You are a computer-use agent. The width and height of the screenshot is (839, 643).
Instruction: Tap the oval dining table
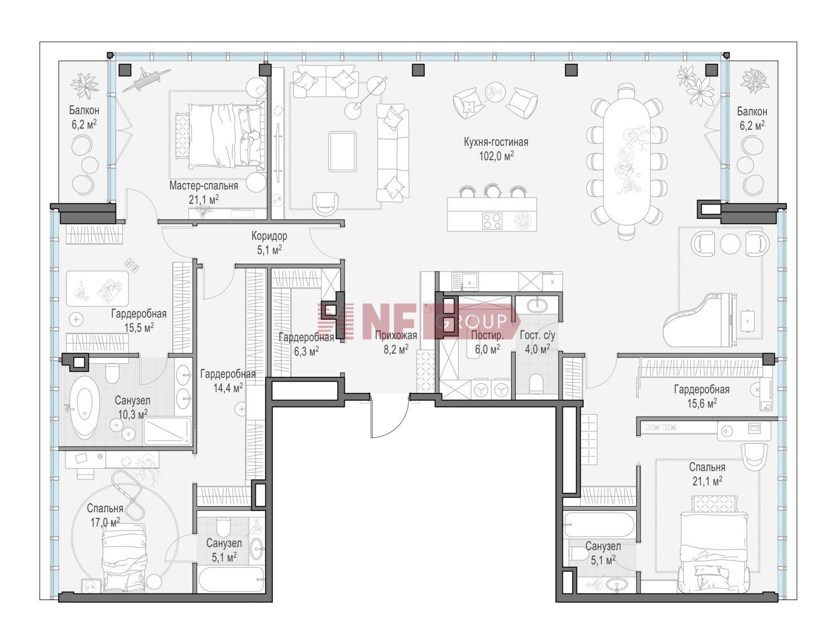click(626, 159)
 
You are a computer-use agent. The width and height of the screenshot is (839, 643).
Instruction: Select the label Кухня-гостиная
click(496, 142)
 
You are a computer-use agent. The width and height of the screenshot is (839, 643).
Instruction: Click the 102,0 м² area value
click(496, 156)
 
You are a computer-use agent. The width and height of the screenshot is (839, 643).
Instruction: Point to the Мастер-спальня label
click(204, 186)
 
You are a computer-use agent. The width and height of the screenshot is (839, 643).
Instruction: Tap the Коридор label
click(269, 236)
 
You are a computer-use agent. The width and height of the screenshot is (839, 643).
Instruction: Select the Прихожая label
click(396, 335)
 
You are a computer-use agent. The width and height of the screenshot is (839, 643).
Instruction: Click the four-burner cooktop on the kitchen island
click(492, 221)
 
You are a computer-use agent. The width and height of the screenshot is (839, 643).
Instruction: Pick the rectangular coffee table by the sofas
click(342, 151)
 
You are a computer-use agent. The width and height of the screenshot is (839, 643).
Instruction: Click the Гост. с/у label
click(538, 335)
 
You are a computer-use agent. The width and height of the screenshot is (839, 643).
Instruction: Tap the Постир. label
click(487, 335)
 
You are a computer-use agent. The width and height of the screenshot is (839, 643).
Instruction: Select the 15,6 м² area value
click(701, 403)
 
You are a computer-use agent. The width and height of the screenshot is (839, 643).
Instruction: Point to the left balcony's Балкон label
click(84, 110)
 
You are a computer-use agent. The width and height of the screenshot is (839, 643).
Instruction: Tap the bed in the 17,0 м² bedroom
click(124, 557)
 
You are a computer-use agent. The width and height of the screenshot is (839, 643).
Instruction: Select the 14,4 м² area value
click(228, 387)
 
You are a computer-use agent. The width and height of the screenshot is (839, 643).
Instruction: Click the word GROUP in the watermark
click(471, 321)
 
